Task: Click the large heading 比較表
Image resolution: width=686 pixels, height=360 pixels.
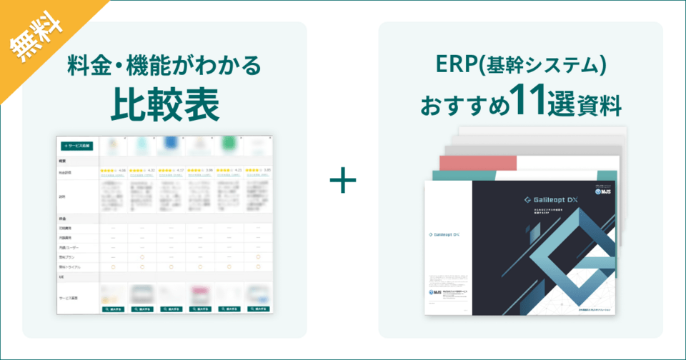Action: (164, 104)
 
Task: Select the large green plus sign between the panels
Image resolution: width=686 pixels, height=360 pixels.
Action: (343, 181)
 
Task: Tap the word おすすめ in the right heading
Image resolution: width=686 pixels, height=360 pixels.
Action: (464, 106)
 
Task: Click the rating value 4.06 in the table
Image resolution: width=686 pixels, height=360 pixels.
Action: (121, 171)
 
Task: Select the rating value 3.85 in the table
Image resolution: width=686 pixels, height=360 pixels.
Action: (267, 171)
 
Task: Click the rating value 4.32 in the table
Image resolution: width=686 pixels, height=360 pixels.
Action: (151, 171)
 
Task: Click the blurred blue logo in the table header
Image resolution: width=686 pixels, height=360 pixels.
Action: (171, 145)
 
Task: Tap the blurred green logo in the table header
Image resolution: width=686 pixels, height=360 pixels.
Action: (229, 145)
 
